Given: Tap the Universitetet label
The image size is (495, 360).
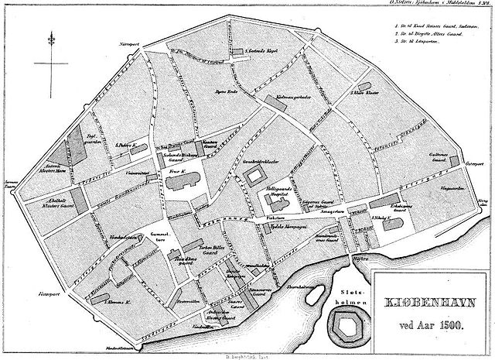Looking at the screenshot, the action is click(135, 173).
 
